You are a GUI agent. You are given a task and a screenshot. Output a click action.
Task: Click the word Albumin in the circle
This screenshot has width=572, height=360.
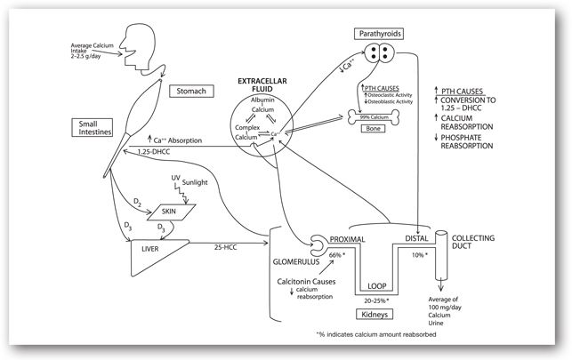[262, 102]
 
